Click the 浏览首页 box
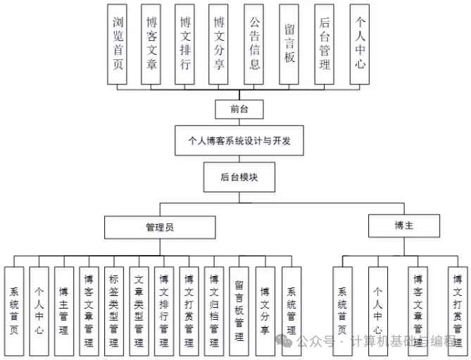click(x=118, y=43)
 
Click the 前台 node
click(x=239, y=109)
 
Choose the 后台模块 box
click(x=239, y=178)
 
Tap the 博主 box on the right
click(x=404, y=225)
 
